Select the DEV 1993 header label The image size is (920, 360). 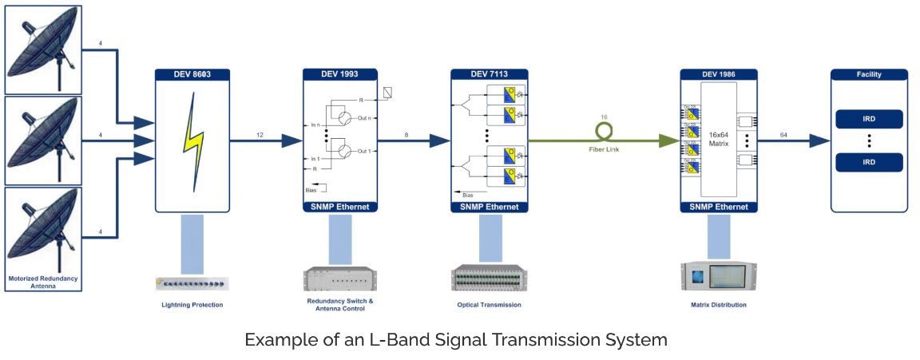coord(341,74)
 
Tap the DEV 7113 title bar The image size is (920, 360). coord(490,74)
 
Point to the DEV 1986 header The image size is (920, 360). coord(719,74)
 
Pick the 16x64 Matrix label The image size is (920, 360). coord(719,140)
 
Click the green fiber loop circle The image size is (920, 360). coord(605,128)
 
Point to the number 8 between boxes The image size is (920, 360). coord(406,135)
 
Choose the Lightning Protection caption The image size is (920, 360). coord(192,305)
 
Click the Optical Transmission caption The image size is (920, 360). coord(489,305)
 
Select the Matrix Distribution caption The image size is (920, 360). coord(719,305)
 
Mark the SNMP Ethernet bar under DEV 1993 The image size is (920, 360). coord(341,207)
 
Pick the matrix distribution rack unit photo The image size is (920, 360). coord(719,275)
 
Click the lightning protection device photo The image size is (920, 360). coord(192,283)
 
